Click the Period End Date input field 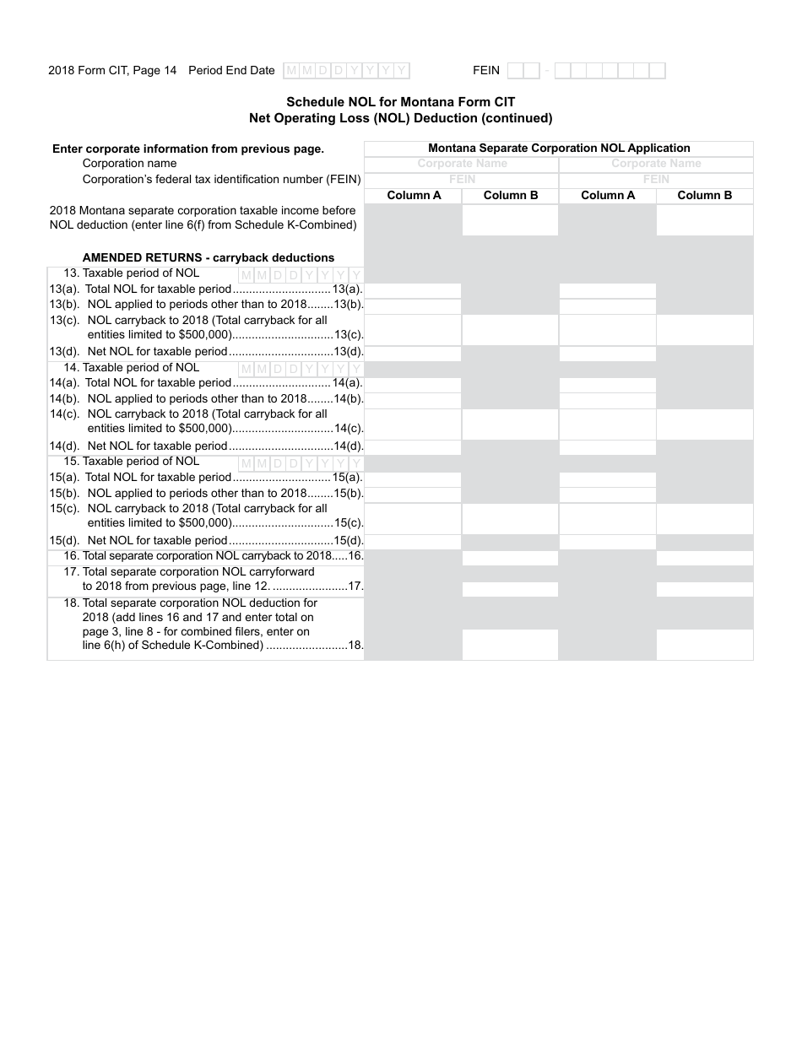pos(346,71)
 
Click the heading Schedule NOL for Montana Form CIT pos(401,102)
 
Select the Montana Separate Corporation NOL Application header pos(559,148)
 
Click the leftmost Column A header pos(414,195)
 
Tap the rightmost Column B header pos(705,195)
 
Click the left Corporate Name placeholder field pos(462,164)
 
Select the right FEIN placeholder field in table pos(656,179)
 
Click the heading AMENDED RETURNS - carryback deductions pos(208,257)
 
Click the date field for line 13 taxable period pos(301,275)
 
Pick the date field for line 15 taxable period pos(301,463)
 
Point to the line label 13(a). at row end pos(348,289)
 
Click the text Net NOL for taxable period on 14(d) pos(158,446)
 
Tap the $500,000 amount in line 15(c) pos(205,523)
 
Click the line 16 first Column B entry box pos(510,558)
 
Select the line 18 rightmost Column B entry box pos(705,644)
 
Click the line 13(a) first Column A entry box pos(414,290)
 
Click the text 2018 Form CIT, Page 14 pos(112,71)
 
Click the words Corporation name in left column pos(130,164)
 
